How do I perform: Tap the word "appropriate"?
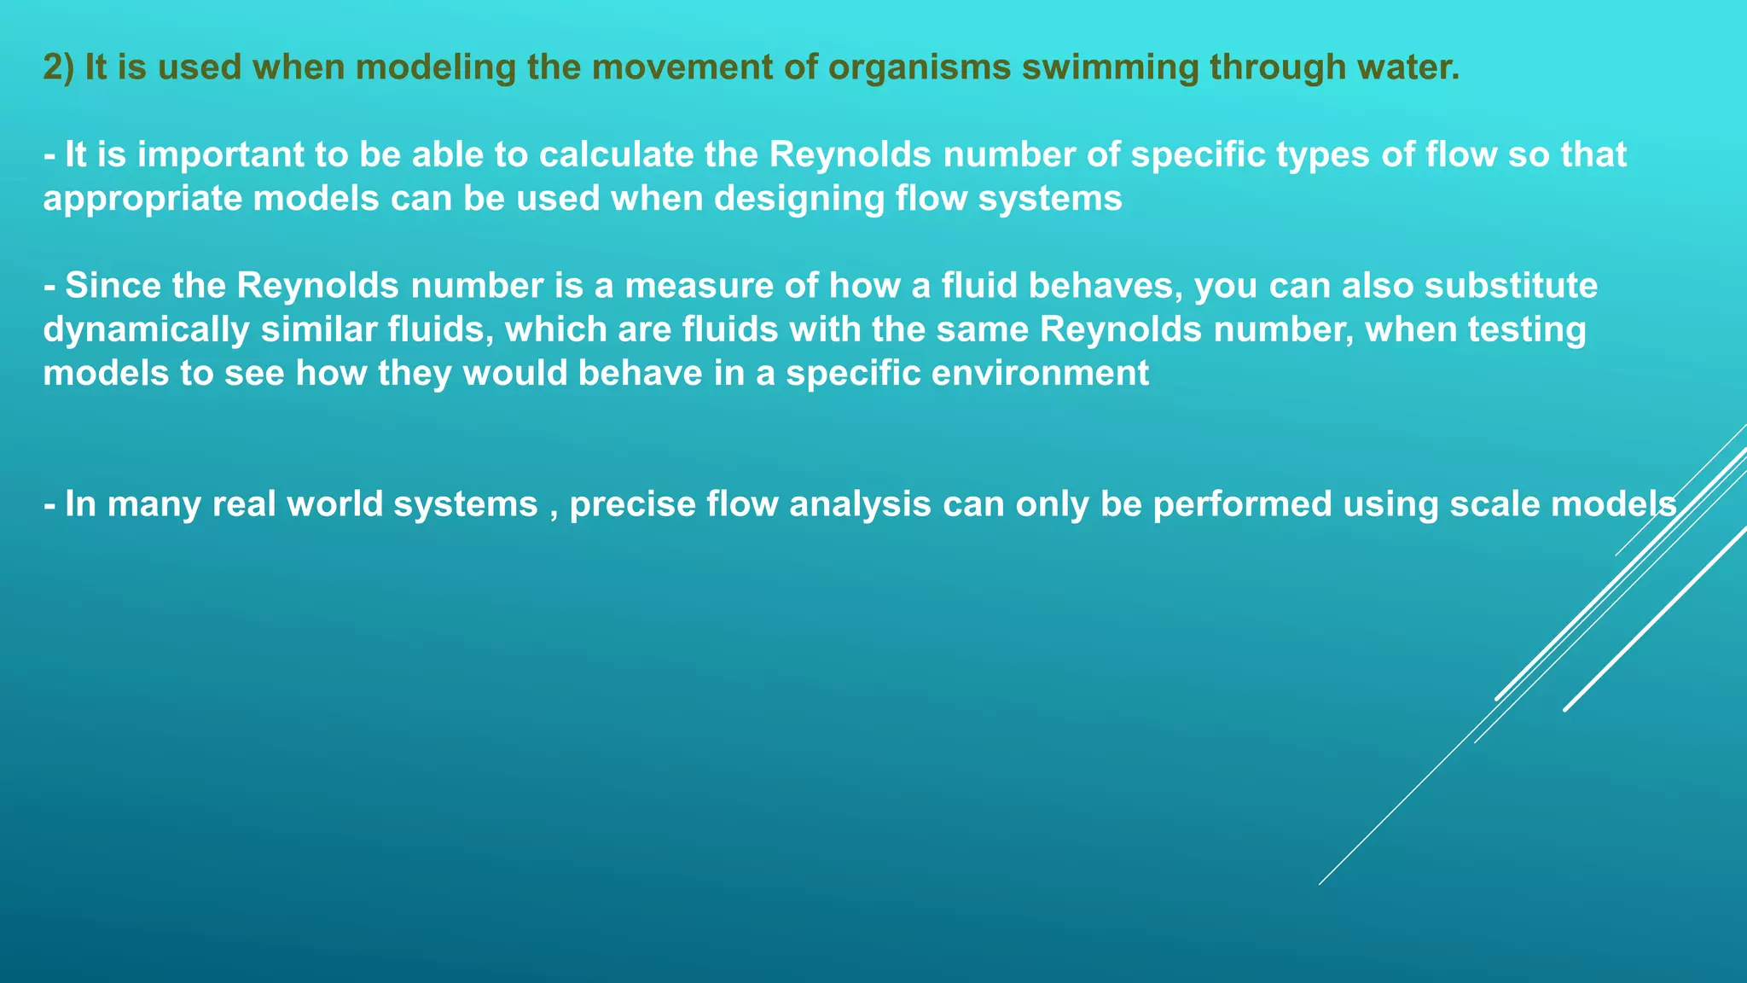142,199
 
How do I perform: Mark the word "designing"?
798,199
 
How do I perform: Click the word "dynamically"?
146,330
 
